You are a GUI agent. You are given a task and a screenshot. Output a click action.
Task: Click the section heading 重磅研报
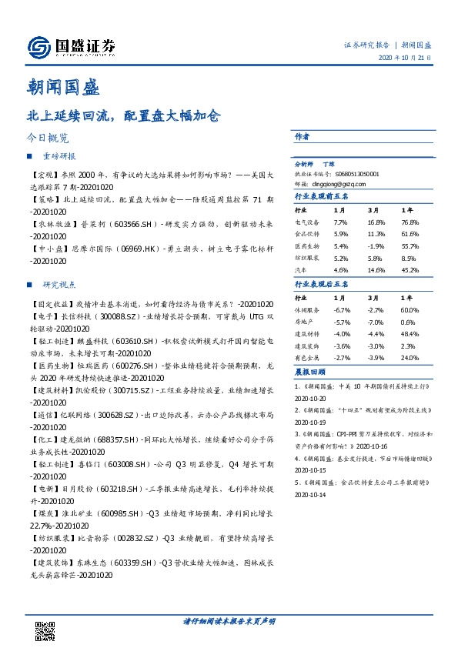coord(59,156)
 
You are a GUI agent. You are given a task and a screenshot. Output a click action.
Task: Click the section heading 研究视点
coord(59,284)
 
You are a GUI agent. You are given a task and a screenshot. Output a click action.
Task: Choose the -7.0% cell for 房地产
coord(376,322)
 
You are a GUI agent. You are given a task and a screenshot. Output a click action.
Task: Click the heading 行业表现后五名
coord(323,284)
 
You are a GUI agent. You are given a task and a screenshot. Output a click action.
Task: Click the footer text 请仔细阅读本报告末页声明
coord(229,621)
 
